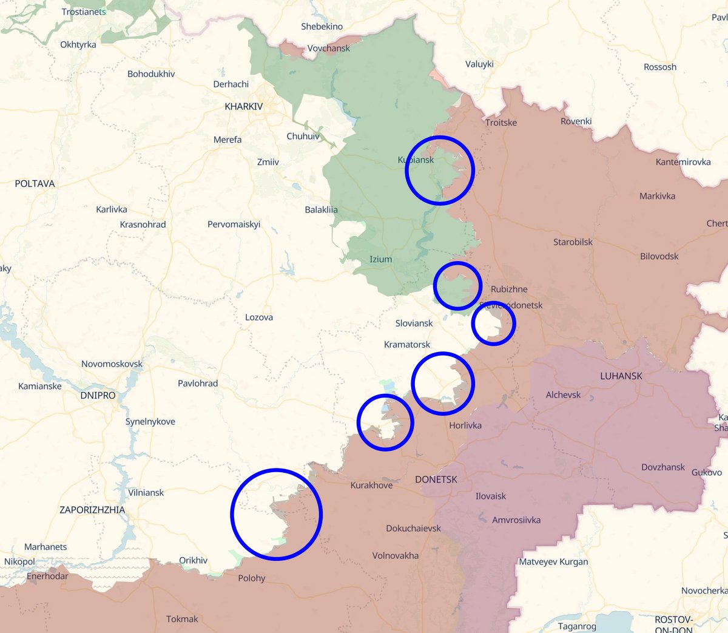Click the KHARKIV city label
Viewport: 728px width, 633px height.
pyautogui.click(x=243, y=106)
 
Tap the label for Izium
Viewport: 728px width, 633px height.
pyautogui.click(x=380, y=259)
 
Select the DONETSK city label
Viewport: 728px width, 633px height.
pyautogui.click(x=436, y=479)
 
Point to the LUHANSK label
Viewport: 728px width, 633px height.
pyautogui.click(x=621, y=376)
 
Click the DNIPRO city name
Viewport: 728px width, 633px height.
pyautogui.click(x=98, y=395)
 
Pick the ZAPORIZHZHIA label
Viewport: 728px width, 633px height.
pyautogui.click(x=92, y=510)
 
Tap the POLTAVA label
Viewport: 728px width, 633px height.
pyautogui.click(x=35, y=183)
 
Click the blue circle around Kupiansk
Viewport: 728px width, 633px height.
pyautogui.click(x=439, y=170)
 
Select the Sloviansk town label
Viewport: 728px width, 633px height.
pyautogui.click(x=414, y=323)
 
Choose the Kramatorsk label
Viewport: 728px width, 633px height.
pyautogui.click(x=406, y=345)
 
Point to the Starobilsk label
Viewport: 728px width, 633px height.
pyautogui.click(x=573, y=242)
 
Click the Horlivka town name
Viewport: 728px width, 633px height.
pyautogui.click(x=465, y=425)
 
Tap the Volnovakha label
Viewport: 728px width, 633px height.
pyautogui.click(x=395, y=555)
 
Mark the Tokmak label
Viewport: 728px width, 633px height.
pyautogui.click(x=182, y=619)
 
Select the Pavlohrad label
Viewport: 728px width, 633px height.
pyautogui.click(x=198, y=384)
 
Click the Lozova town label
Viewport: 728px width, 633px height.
pyautogui.click(x=258, y=317)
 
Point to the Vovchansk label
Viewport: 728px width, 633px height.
pyautogui.click(x=328, y=49)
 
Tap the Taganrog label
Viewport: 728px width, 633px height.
pyautogui.click(x=577, y=626)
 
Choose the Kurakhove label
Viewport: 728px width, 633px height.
pyautogui.click(x=371, y=486)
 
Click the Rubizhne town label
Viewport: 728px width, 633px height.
pyautogui.click(x=509, y=289)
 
